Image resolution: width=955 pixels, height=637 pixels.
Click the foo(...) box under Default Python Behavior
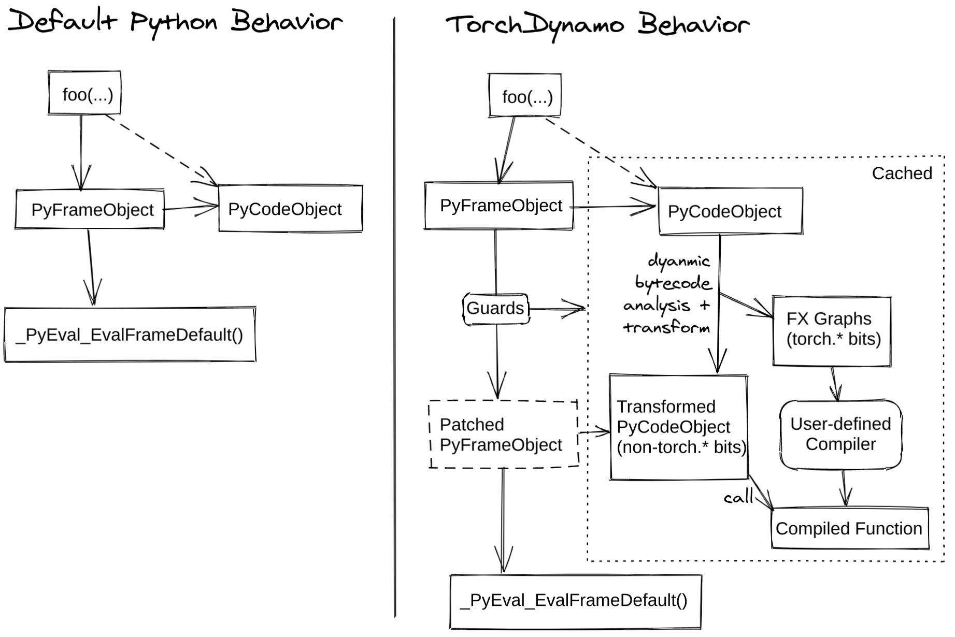(84, 93)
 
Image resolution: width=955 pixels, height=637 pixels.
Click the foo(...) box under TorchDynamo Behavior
(524, 96)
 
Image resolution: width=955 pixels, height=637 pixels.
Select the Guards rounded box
(495, 309)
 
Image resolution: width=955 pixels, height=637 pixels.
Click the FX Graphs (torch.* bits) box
(832, 330)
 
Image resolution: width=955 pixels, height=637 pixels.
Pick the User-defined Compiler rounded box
(840, 435)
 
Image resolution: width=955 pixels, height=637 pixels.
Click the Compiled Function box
(849, 529)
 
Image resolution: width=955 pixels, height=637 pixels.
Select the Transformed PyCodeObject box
(679, 427)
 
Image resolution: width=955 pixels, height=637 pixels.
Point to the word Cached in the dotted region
(902, 173)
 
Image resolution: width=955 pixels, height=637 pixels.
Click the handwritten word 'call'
(738, 498)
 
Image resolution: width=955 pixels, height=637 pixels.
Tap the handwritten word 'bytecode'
(674, 283)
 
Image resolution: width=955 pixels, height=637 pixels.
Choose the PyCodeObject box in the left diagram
(290, 209)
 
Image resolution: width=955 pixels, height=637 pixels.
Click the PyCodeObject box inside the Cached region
(730, 211)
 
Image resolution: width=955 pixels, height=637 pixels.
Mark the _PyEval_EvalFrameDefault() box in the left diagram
(130, 335)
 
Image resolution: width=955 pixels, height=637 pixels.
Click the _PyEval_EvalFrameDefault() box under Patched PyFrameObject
(575, 601)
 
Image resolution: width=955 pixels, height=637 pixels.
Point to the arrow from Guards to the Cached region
(557, 309)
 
